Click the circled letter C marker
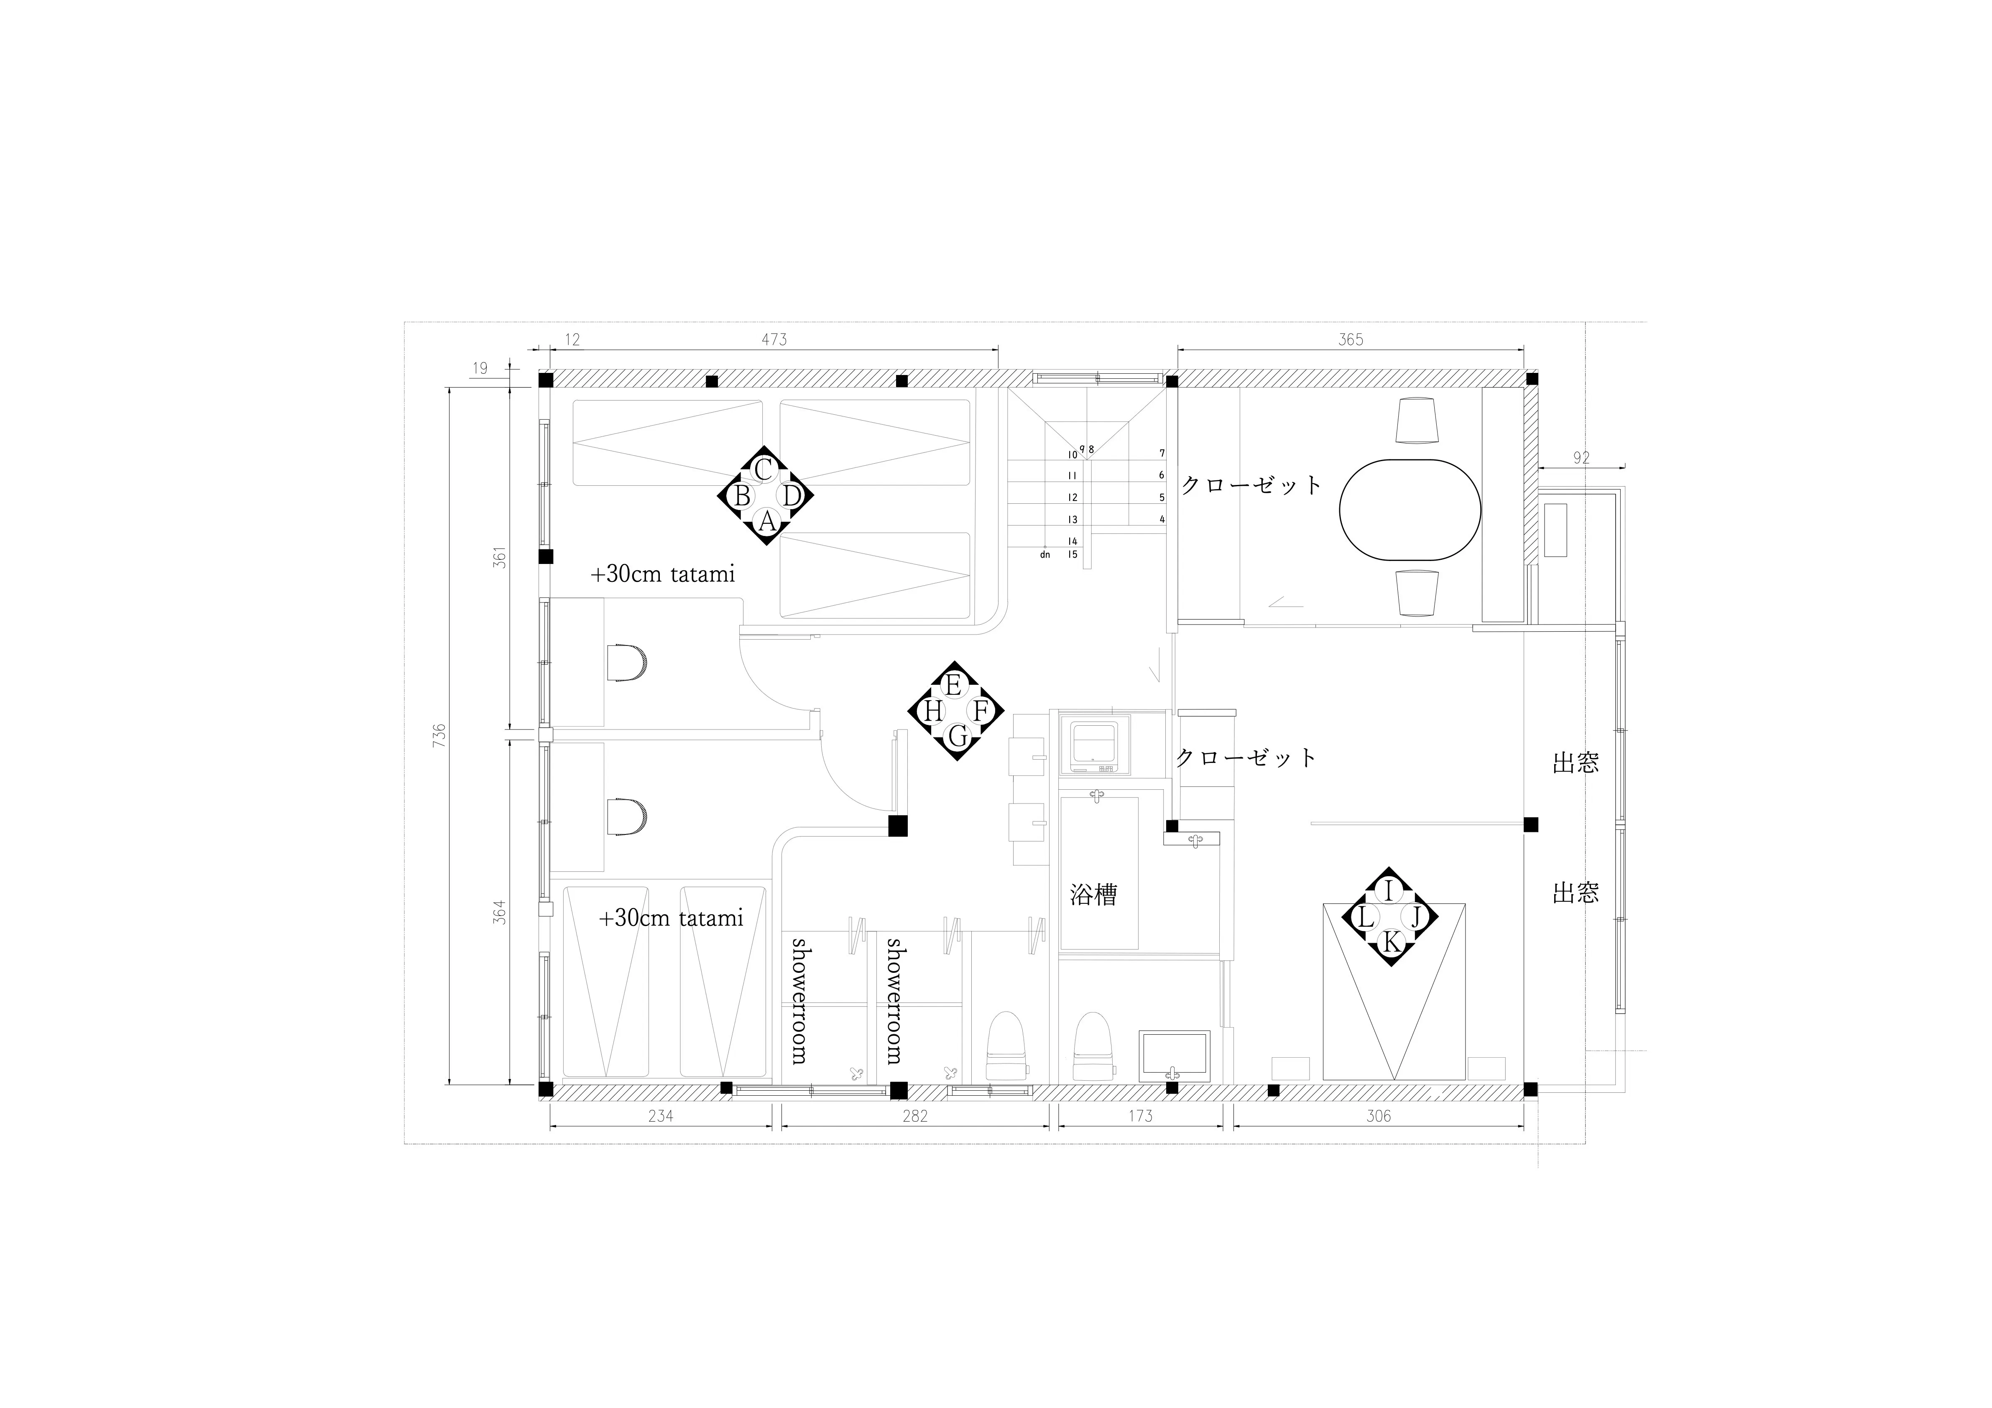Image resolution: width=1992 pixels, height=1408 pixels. coord(764,469)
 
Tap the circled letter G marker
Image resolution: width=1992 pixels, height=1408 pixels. coord(957,737)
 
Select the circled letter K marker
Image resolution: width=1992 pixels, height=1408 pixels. coord(1390,942)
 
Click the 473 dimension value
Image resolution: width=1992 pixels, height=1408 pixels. coord(774,339)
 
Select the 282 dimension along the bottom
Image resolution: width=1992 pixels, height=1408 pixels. coord(914,1116)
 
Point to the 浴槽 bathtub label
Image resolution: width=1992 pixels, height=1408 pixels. coord(1093,894)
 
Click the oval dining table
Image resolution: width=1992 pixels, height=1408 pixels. coord(1410,509)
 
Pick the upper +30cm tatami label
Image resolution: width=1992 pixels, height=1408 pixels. coord(663,574)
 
